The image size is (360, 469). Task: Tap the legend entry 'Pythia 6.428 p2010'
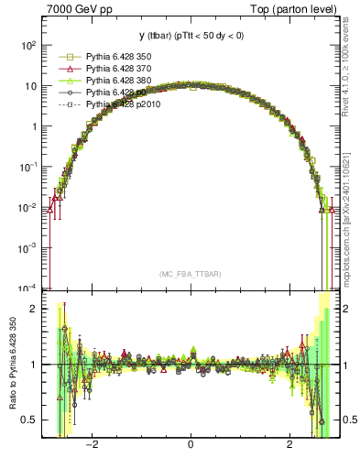125,104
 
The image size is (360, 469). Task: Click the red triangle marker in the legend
68,69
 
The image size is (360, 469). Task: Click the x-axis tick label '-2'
92,444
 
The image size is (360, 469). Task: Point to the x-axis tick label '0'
190,444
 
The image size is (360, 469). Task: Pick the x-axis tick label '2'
289,444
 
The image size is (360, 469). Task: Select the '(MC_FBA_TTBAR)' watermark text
190,274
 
